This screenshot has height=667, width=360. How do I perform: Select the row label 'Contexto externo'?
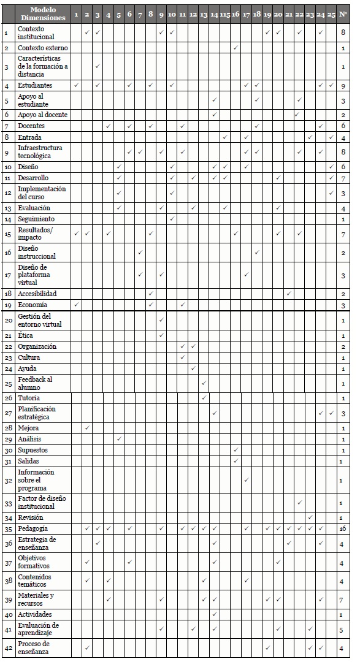click(42, 47)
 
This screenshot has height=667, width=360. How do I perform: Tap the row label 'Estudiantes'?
click(35, 85)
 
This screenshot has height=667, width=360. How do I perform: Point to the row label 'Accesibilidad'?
click(37, 294)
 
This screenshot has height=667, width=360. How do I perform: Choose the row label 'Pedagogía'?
click(33, 528)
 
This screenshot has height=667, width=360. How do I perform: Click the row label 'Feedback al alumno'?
click(35, 383)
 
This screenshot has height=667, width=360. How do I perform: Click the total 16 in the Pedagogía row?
click(343, 528)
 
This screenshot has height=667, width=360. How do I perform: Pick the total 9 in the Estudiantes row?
click(343, 85)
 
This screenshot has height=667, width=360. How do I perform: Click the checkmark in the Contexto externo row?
click(236, 47)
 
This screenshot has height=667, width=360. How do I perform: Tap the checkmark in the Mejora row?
click(87, 427)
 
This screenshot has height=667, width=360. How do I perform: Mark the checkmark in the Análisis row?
click(119, 439)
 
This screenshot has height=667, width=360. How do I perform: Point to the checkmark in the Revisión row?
click(310, 517)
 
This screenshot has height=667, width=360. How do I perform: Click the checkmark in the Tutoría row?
click(204, 398)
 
